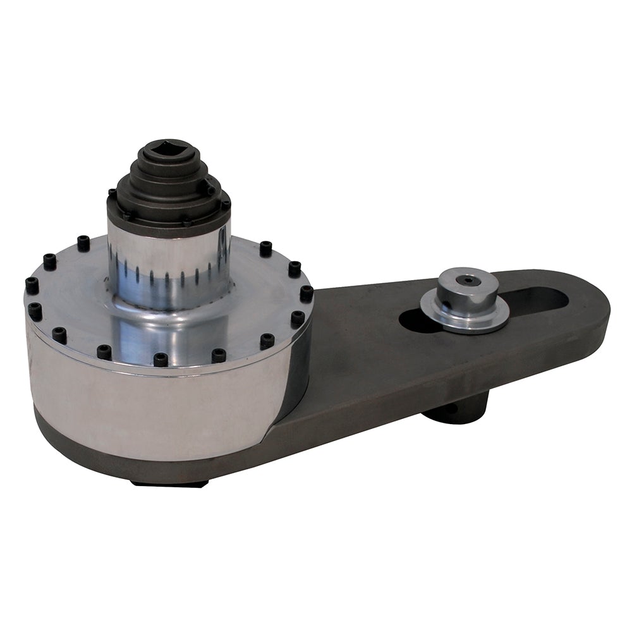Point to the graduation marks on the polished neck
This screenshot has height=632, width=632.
[x=167, y=273]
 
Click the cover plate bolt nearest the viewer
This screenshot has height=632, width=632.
[x=161, y=359]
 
